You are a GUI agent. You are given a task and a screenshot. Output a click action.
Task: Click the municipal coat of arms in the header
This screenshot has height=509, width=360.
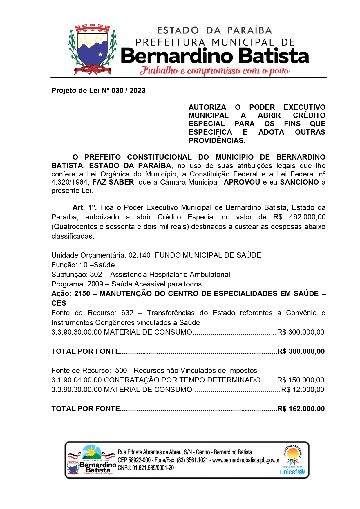pyautogui.click(x=92, y=49)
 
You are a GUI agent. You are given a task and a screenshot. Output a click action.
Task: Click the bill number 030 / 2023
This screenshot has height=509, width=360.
pyautogui.click(x=128, y=91)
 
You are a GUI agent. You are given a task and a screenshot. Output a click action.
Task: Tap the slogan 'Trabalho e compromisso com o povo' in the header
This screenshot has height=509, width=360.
pyautogui.click(x=214, y=71)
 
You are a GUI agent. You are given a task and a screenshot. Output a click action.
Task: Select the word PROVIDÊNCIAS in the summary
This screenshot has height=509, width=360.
pyautogui.click(x=217, y=141)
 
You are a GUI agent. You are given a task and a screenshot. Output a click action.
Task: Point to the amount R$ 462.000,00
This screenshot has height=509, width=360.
pyautogui.click(x=299, y=217)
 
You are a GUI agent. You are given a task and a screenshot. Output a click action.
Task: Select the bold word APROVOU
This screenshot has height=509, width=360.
pyautogui.click(x=242, y=182)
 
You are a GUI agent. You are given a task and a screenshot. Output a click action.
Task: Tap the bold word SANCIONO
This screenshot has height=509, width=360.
pyautogui.click(x=299, y=182)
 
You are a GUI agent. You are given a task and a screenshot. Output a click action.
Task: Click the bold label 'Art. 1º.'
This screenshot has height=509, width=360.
pyautogui.click(x=84, y=207)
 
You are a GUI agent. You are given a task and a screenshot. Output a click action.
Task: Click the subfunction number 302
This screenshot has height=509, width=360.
pyautogui.click(x=96, y=275)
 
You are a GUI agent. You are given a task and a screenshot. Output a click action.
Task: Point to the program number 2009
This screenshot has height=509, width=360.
pyautogui.click(x=95, y=284)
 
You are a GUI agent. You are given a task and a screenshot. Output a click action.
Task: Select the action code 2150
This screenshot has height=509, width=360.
pyautogui.click(x=82, y=294)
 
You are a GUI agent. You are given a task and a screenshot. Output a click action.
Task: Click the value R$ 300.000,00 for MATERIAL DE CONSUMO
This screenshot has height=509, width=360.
pyautogui.click(x=301, y=332)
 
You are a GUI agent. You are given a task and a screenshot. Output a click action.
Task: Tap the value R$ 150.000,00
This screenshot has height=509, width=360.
pyautogui.click(x=301, y=380)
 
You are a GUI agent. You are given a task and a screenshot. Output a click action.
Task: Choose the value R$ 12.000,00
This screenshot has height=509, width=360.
pyautogui.click(x=303, y=390)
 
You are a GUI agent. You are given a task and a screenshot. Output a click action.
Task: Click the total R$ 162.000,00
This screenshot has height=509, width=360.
pyautogui.click(x=301, y=409)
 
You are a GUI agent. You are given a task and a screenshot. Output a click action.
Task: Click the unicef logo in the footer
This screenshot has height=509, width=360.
pyautogui.click(x=292, y=472)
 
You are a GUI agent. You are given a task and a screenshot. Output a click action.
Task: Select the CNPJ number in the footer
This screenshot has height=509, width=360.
pyautogui.click(x=153, y=468)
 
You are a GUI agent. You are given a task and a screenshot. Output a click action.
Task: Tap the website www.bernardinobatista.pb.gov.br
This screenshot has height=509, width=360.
pyautogui.click(x=246, y=460)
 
